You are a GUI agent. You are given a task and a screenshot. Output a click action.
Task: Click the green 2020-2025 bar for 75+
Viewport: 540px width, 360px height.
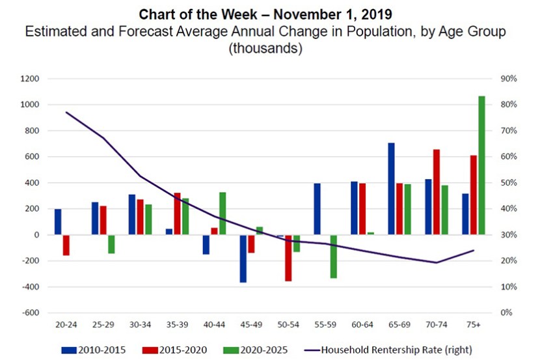pyautogui.click(x=482, y=165)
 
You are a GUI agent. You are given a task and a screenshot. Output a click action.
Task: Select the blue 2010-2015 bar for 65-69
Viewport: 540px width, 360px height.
pyautogui.click(x=392, y=189)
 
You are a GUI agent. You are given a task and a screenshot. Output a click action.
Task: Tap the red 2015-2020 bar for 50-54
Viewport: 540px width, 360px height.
pyautogui.click(x=288, y=258)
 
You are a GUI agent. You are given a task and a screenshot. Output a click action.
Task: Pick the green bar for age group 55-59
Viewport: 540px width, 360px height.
pyautogui.click(x=334, y=256)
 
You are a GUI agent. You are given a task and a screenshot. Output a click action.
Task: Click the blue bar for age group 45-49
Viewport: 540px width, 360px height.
pyautogui.click(x=243, y=258)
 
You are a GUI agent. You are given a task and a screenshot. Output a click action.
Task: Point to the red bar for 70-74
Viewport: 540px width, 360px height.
pyautogui.click(x=436, y=192)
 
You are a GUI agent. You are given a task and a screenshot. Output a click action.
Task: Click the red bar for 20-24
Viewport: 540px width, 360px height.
pyautogui.click(x=66, y=245)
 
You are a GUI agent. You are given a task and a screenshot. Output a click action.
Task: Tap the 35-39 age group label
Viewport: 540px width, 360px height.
pyautogui.click(x=177, y=324)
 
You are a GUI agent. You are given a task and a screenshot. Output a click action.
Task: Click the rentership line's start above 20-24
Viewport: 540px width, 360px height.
pyautogui.click(x=66, y=112)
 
